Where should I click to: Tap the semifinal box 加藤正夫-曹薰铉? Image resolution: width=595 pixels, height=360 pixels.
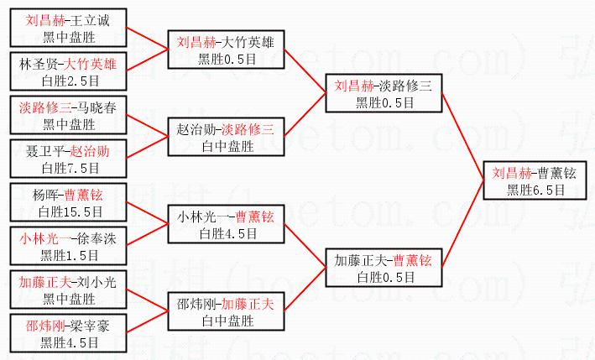point(382,268)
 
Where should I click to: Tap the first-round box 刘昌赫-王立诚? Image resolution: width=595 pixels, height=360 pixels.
point(70,29)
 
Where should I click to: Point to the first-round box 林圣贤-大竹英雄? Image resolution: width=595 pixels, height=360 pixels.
point(70,72)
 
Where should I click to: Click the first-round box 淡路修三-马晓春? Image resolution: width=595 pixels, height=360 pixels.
point(70,116)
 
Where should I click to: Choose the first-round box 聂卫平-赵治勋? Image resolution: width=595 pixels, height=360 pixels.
point(70,159)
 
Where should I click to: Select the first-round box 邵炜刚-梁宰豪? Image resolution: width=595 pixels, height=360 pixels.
point(70,333)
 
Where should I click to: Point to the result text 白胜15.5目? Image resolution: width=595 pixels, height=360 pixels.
point(70,211)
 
